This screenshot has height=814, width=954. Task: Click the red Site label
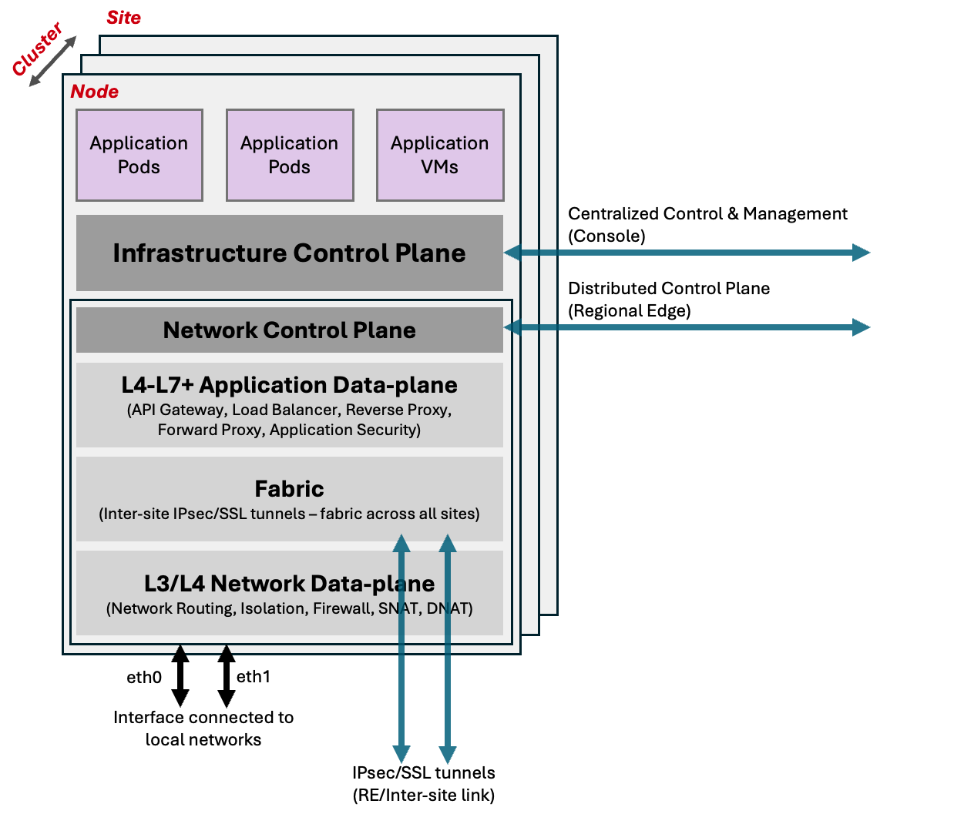pos(123,18)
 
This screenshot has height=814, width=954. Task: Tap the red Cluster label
pos(36,49)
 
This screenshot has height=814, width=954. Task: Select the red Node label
pos(94,92)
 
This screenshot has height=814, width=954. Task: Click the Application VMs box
pos(439,155)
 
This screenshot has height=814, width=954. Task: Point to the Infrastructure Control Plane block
pos(289,253)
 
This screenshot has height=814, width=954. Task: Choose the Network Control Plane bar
pos(289,330)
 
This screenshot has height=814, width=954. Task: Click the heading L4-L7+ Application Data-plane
pos(289,385)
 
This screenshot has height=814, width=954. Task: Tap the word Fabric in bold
pos(289,489)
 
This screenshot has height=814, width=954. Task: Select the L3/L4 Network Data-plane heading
pos(289,584)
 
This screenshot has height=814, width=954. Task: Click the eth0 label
pos(144,678)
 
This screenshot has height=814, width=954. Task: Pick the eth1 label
pos(253,677)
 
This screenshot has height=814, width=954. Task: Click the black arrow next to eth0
pos(180,675)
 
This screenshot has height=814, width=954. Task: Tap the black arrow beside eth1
pos(226,675)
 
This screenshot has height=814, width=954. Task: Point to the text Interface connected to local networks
pos(203,729)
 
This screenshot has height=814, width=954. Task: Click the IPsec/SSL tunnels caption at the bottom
pos(423,783)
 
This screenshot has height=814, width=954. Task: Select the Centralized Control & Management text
pos(707,214)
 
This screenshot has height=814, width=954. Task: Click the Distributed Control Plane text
pos(668,289)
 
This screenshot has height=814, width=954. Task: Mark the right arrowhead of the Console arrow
pos(861,253)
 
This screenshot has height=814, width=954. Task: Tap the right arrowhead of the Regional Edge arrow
pos(861,327)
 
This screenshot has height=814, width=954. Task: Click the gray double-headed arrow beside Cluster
pos(53,61)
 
